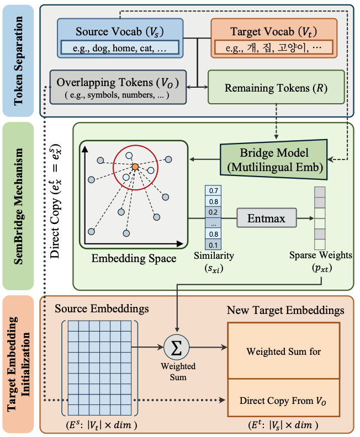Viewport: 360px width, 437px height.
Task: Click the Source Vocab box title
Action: point(120,31)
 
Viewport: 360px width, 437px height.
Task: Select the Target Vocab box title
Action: point(273,31)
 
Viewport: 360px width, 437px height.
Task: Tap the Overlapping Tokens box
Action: point(118,87)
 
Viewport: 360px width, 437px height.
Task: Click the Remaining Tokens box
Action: point(276,87)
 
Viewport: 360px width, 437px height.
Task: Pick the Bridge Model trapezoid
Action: point(273,159)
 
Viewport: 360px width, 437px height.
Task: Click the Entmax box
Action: point(267,218)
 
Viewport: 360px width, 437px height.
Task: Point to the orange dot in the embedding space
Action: point(135,167)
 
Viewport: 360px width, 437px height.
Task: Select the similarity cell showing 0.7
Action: point(213,190)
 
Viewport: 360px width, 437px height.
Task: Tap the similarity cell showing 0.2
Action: point(213,212)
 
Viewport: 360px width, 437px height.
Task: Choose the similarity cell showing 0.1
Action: point(213,244)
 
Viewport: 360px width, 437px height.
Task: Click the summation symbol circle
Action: point(177,347)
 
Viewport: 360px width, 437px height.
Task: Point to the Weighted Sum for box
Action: point(284,351)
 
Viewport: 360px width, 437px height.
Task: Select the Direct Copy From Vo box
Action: point(284,398)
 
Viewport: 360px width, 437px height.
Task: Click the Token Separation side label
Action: point(18,61)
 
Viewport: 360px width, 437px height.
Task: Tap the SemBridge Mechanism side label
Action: point(18,206)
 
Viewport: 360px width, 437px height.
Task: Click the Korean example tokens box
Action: point(274,47)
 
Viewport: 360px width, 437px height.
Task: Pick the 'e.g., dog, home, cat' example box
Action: point(120,47)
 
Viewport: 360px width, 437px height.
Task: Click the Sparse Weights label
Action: point(321,255)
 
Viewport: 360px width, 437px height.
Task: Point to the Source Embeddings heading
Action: point(102,308)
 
